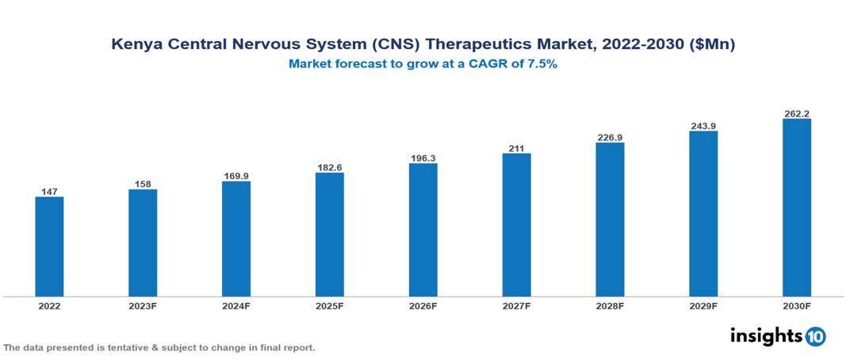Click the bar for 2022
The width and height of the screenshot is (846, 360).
click(49, 247)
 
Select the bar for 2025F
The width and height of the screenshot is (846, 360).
click(330, 235)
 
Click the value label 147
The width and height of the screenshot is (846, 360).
click(49, 191)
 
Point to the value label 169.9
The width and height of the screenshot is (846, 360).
click(236, 175)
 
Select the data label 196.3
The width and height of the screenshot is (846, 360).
click(423, 158)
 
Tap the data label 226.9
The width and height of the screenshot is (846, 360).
click(610, 137)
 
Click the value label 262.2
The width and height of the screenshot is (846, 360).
click(797, 113)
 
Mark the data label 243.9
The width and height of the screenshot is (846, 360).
click(703, 125)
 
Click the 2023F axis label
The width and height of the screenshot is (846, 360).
click(143, 305)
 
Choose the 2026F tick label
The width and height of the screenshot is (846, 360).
click(423, 305)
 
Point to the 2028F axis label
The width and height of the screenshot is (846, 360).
click(610, 305)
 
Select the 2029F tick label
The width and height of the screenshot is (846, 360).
click(703, 305)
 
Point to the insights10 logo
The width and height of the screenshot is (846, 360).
click(778, 336)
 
